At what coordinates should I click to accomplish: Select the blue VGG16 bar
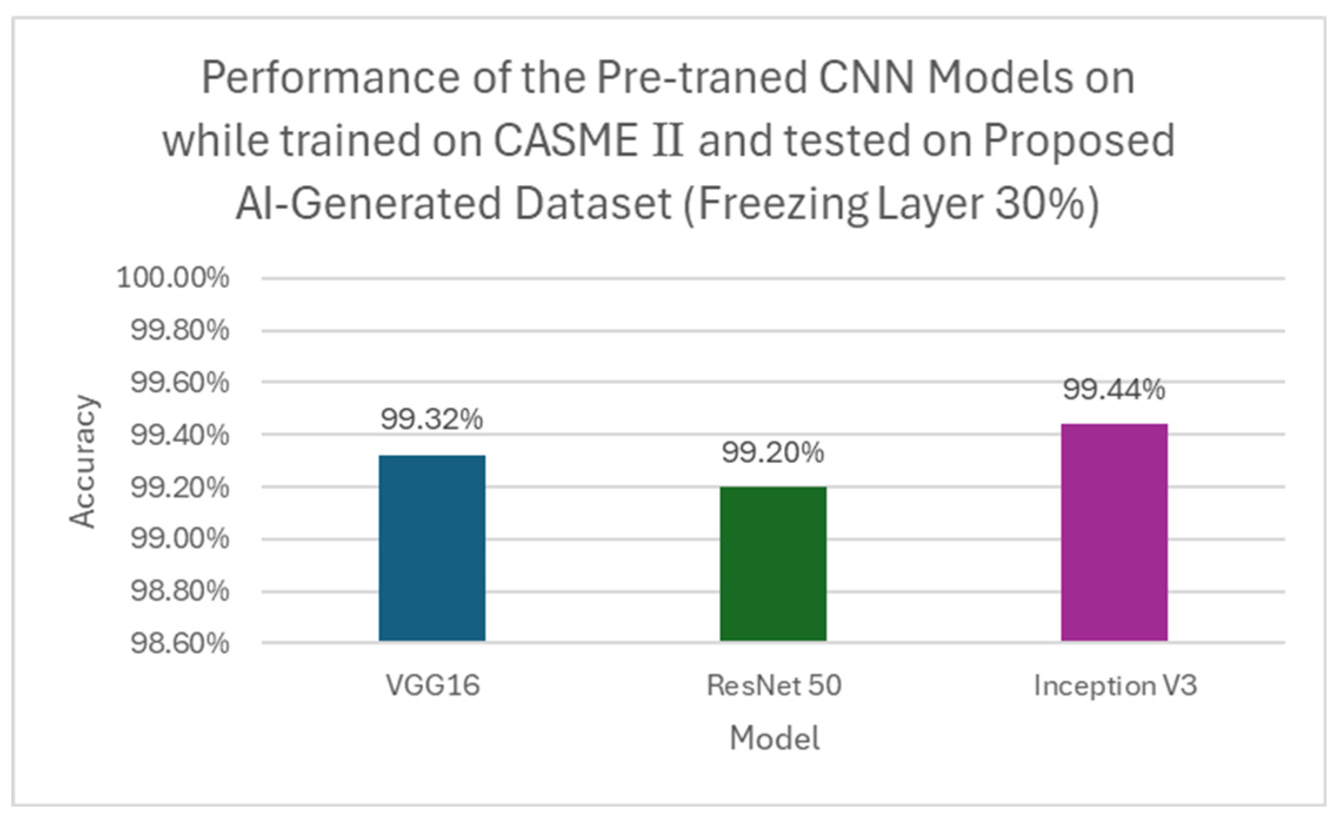coord(432,548)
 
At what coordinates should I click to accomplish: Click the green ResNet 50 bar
coord(773,563)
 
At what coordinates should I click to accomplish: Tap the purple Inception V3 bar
coord(1114,532)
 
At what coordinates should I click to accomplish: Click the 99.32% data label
coord(432,419)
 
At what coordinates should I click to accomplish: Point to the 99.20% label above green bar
coord(773,452)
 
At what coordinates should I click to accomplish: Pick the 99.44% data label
coord(1114,389)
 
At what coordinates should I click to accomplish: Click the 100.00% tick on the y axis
coord(173,278)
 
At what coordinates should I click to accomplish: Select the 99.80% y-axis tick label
coord(179,330)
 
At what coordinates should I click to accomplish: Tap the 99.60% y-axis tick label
coord(179,383)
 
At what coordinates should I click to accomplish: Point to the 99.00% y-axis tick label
coord(179,538)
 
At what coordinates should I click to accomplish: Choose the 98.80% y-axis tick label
coord(179,591)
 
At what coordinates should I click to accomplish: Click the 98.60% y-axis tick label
coord(179,643)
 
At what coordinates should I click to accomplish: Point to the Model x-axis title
coord(774,738)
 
